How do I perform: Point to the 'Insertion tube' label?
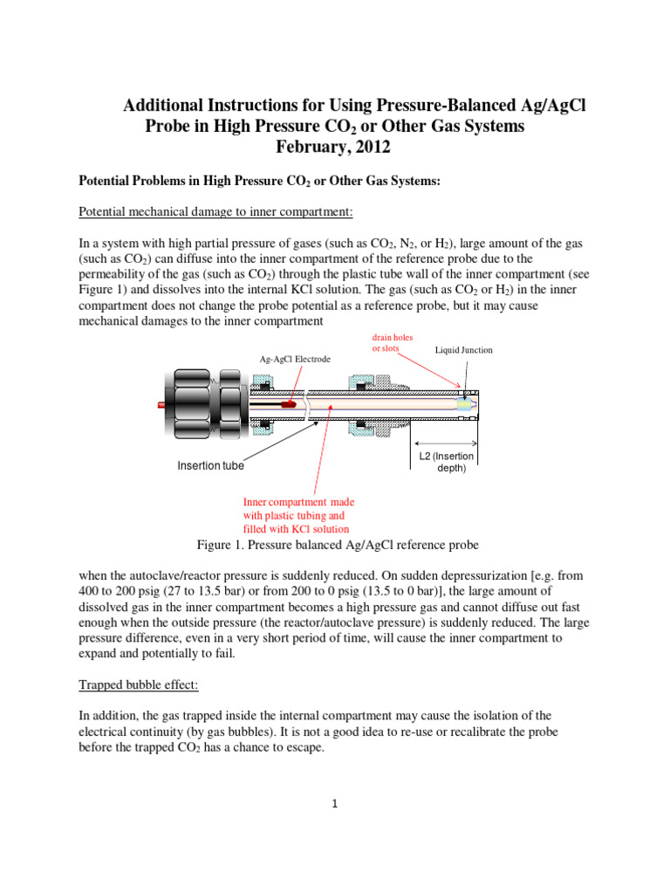210,465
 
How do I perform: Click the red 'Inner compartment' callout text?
297,515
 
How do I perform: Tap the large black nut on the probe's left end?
188,405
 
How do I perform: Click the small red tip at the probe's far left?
161,405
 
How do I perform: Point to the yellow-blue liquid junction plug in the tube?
461,404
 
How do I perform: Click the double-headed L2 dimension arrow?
446,442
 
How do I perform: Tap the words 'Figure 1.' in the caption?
220,545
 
